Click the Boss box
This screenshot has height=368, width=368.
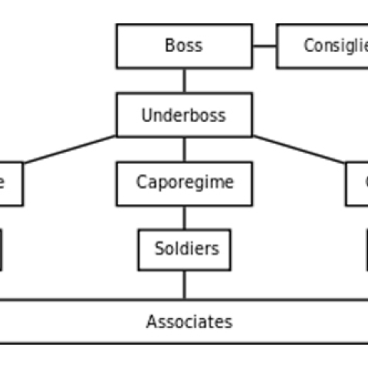pos(184,46)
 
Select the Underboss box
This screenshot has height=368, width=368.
pos(184,115)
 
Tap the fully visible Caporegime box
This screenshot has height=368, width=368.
pos(184,183)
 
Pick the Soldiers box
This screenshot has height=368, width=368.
pos(184,249)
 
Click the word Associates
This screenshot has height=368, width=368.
pos(189,322)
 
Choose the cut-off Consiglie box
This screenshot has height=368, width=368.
pos(322,46)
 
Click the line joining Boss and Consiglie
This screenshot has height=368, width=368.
pos(264,46)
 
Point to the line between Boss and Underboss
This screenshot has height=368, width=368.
pos(184,80)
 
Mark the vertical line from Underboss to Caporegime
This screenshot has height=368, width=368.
pos(184,149)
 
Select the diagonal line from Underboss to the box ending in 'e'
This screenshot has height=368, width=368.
pos(69,149)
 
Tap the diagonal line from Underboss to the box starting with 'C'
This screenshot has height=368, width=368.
pos(299,149)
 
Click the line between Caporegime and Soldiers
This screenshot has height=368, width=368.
pos(184,218)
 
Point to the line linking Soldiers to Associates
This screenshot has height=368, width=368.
pos(184,285)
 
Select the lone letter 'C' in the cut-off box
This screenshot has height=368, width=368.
pos(363,184)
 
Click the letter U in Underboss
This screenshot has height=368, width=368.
pos(147,116)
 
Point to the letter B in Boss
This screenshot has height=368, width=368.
pos(169,46)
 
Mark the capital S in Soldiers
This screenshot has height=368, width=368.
pos(159,249)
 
